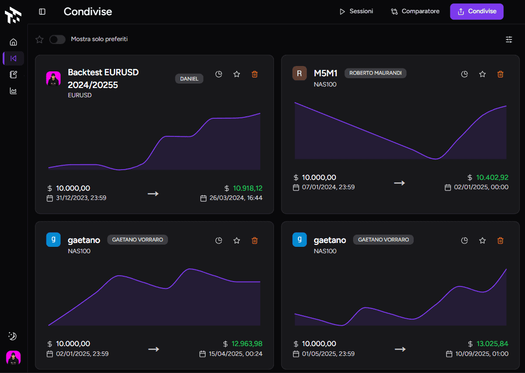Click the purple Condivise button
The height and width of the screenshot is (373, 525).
[477, 11]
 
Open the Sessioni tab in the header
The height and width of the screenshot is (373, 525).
[356, 11]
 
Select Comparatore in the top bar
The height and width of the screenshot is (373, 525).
[415, 11]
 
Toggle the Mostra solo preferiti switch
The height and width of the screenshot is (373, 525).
[57, 39]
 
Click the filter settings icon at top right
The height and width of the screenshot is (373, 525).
[509, 40]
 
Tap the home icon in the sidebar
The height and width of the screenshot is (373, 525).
[13, 42]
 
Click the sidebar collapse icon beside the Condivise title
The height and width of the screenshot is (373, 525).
[42, 11]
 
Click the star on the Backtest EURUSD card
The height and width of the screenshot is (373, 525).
[237, 74]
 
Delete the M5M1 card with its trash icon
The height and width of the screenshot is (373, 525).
[500, 74]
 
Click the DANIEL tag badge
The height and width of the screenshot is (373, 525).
[189, 79]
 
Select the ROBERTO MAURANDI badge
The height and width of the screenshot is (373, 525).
[375, 73]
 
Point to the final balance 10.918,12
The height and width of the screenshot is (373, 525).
[248, 188]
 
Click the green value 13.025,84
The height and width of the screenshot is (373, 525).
[492, 344]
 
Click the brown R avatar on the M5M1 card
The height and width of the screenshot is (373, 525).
[299, 73]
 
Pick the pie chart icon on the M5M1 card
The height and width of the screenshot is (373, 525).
[465, 74]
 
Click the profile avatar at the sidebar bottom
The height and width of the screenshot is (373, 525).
[13, 358]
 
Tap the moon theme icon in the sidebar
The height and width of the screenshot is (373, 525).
[13, 336]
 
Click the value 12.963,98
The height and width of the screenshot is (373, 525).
[247, 344]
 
